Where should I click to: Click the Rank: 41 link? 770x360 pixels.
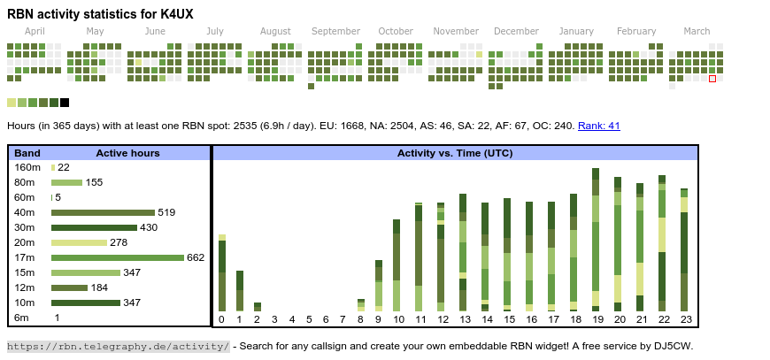[599, 126]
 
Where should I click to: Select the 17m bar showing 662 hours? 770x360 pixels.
[118, 257]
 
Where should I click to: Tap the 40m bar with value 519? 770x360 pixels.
[103, 212]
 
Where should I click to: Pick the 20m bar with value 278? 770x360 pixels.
[79, 242]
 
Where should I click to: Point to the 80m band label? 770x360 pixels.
[27, 182]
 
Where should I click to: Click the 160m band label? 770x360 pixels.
[27, 167]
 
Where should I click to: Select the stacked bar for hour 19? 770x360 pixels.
[597, 239]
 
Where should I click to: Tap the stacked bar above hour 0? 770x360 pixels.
[222, 273]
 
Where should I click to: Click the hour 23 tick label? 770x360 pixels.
[684, 319]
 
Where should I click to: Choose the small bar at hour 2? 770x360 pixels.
[257, 307]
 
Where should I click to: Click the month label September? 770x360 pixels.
[335, 32]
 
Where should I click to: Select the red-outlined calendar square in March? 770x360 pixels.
[712, 79]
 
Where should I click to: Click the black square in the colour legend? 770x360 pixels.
[65, 103]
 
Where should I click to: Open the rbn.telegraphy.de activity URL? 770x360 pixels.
[119, 346]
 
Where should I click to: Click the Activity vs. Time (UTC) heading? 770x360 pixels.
[455, 153]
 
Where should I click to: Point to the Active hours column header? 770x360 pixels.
[127, 153]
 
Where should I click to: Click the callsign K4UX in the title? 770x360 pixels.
[173, 13]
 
